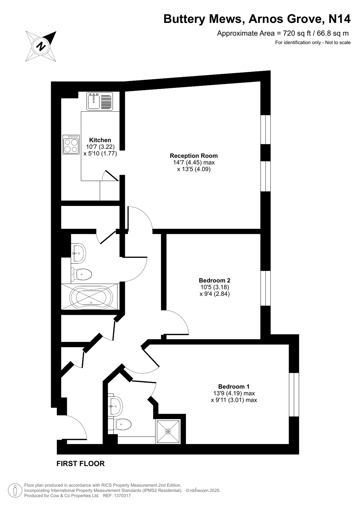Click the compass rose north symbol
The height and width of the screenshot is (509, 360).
tap(41, 46)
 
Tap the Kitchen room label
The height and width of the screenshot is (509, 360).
tap(100, 140)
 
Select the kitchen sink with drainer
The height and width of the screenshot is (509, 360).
tap(100, 101)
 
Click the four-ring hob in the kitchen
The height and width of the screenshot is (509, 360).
tap(71, 145)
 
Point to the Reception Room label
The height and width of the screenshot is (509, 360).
tap(194, 156)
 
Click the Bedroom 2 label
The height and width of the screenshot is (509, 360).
tap(214, 280)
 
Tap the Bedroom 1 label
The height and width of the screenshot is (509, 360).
tap(234, 386)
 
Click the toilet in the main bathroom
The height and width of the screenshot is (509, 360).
tap(82, 274)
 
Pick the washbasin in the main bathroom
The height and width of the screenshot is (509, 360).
tap(78, 253)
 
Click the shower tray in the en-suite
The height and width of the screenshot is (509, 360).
tap(168, 431)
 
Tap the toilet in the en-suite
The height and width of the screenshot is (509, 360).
tap(124, 424)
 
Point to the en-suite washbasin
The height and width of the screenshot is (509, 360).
tap(115, 406)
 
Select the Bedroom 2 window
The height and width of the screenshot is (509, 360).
tap(265, 288)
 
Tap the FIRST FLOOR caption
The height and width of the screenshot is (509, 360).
tap(81, 463)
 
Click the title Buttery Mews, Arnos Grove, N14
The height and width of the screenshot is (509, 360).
tap(257, 19)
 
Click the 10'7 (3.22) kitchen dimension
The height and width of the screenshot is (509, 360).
tap(100, 147)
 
